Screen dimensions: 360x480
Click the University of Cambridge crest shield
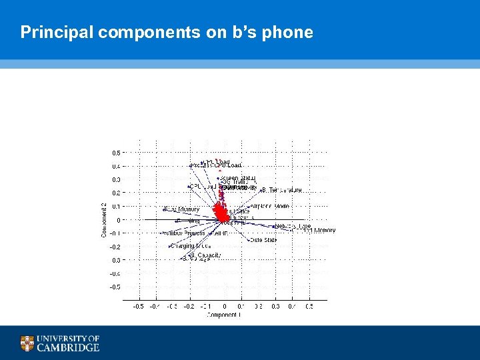pos(27,343)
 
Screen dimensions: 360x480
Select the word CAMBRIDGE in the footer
pos(68,347)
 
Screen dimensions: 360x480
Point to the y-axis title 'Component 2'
pos(104,220)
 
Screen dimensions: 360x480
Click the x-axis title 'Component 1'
pos(223,315)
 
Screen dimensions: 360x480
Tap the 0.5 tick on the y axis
pos(116,153)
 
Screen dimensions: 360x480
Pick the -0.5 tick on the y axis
pos(115,287)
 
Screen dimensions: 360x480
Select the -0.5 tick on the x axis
pos(138,307)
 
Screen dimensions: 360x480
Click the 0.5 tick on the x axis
pos(309,307)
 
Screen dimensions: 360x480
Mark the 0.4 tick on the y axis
pos(116,166)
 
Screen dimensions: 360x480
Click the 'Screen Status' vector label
pos(239,178)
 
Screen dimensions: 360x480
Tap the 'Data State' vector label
pos(263,240)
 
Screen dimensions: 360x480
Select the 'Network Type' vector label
pos(293,227)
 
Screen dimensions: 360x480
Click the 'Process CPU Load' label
pos(217,165)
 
